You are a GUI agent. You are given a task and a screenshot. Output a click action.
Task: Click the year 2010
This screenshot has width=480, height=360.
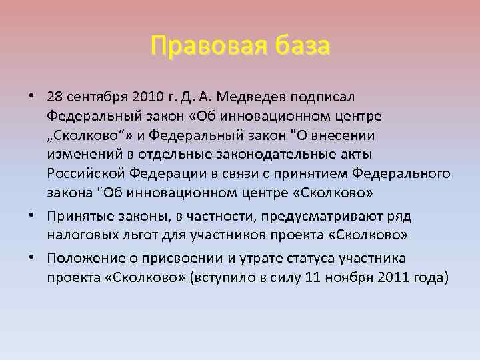[153, 97]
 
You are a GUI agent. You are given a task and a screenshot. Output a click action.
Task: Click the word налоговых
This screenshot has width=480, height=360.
[79, 235]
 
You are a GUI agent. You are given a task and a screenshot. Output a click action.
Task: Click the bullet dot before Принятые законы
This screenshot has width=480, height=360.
[32, 215]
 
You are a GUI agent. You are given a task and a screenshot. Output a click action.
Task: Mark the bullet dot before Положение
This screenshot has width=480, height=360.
[32, 257]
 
